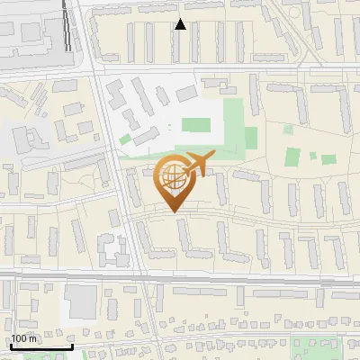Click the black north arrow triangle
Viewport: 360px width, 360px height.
180,24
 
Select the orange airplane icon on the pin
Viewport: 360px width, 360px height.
196,165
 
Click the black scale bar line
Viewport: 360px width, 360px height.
41,346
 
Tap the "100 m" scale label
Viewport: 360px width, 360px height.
24,338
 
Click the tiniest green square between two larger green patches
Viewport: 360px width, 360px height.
312,156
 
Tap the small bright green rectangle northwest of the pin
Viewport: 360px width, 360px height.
125,139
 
